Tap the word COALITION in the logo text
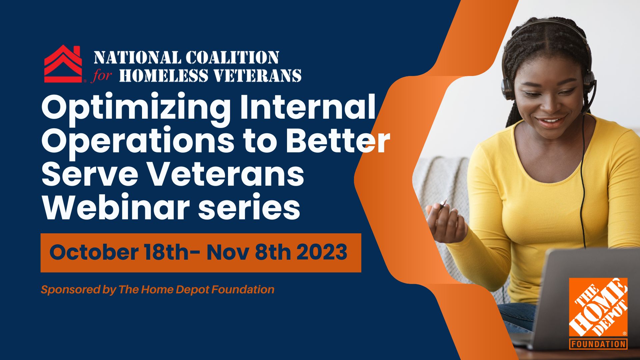click(232, 57)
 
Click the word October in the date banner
click(94, 252)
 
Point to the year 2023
click(322, 252)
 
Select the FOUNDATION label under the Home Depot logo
click(598, 344)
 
